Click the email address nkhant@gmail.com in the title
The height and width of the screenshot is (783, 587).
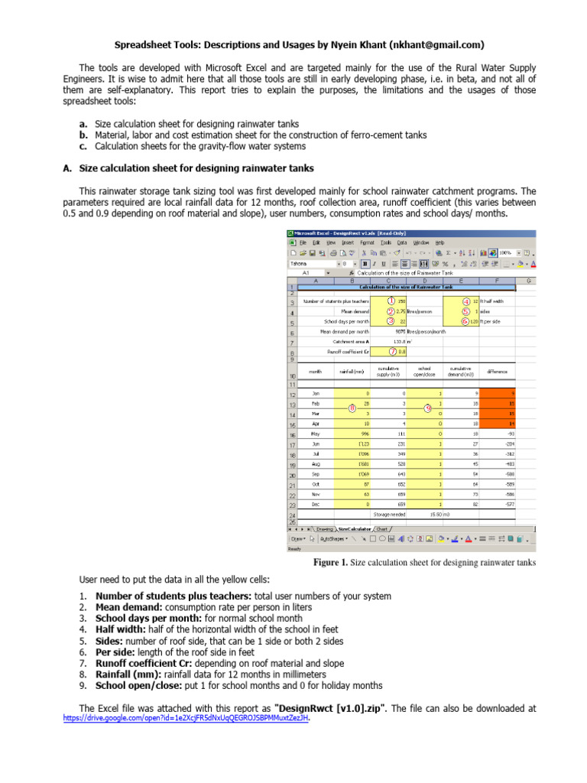pyautogui.click(x=436, y=45)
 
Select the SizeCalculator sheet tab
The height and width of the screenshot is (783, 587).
pyautogui.click(x=354, y=528)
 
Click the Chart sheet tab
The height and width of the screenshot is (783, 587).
pyautogui.click(x=381, y=528)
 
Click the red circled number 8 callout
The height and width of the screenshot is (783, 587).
pyautogui.click(x=352, y=408)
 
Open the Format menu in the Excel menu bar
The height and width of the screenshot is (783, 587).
pyautogui.click(x=368, y=242)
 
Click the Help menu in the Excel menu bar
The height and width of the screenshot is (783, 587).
pyautogui.click(x=439, y=242)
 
